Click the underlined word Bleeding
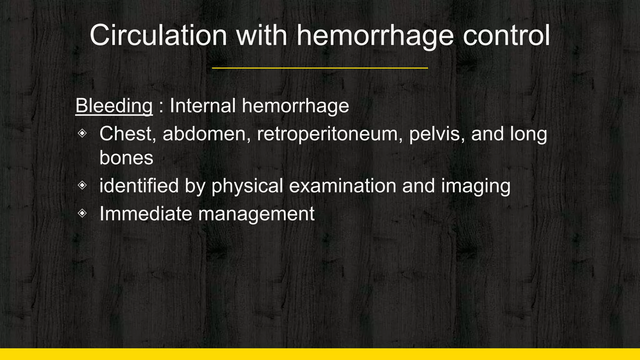114,106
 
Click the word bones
126,157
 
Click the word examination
342,186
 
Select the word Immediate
146,214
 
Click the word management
256,214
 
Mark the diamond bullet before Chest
82,133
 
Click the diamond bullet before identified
82,185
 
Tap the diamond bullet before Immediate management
82,213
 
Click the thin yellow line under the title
320,68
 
